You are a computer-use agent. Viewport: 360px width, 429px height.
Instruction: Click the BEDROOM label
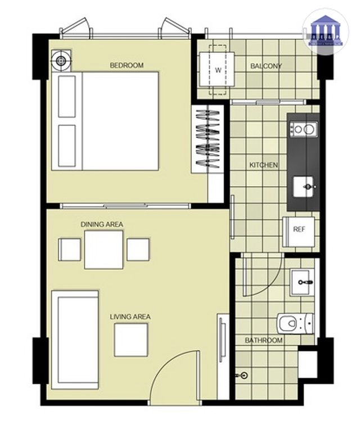pyautogui.click(x=126, y=65)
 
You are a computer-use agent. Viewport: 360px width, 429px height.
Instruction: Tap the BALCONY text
pyautogui.click(x=266, y=66)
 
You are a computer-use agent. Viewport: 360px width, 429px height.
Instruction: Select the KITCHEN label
pyautogui.click(x=263, y=165)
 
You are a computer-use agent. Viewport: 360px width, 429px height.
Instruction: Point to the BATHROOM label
pyautogui.click(x=263, y=341)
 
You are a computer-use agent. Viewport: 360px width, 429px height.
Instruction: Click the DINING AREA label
pyautogui.click(x=102, y=224)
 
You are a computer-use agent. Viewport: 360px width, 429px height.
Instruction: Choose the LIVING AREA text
pyautogui.click(x=130, y=317)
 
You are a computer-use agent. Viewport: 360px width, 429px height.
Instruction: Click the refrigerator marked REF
pyautogui.click(x=299, y=229)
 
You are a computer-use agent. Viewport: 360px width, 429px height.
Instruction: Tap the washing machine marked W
pyautogui.click(x=218, y=70)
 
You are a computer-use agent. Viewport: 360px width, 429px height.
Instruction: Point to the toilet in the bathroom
pyautogui.click(x=294, y=323)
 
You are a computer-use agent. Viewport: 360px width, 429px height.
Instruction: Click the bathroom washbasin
pyautogui.click(x=304, y=282)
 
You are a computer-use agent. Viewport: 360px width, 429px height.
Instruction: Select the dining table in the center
pyautogui.click(x=103, y=250)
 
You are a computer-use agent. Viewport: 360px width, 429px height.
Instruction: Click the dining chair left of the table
pyautogui.click(x=70, y=250)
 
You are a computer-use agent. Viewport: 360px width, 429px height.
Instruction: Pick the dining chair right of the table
pyautogui.click(x=138, y=250)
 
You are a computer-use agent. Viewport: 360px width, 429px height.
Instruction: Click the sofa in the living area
pyautogui.click(x=75, y=337)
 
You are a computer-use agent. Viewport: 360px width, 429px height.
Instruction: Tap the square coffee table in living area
pyautogui.click(x=131, y=340)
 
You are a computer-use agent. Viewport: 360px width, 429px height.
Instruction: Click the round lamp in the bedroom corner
pyautogui.click(x=61, y=59)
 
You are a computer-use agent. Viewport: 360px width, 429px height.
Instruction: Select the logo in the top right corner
pyautogui.click(x=325, y=31)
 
